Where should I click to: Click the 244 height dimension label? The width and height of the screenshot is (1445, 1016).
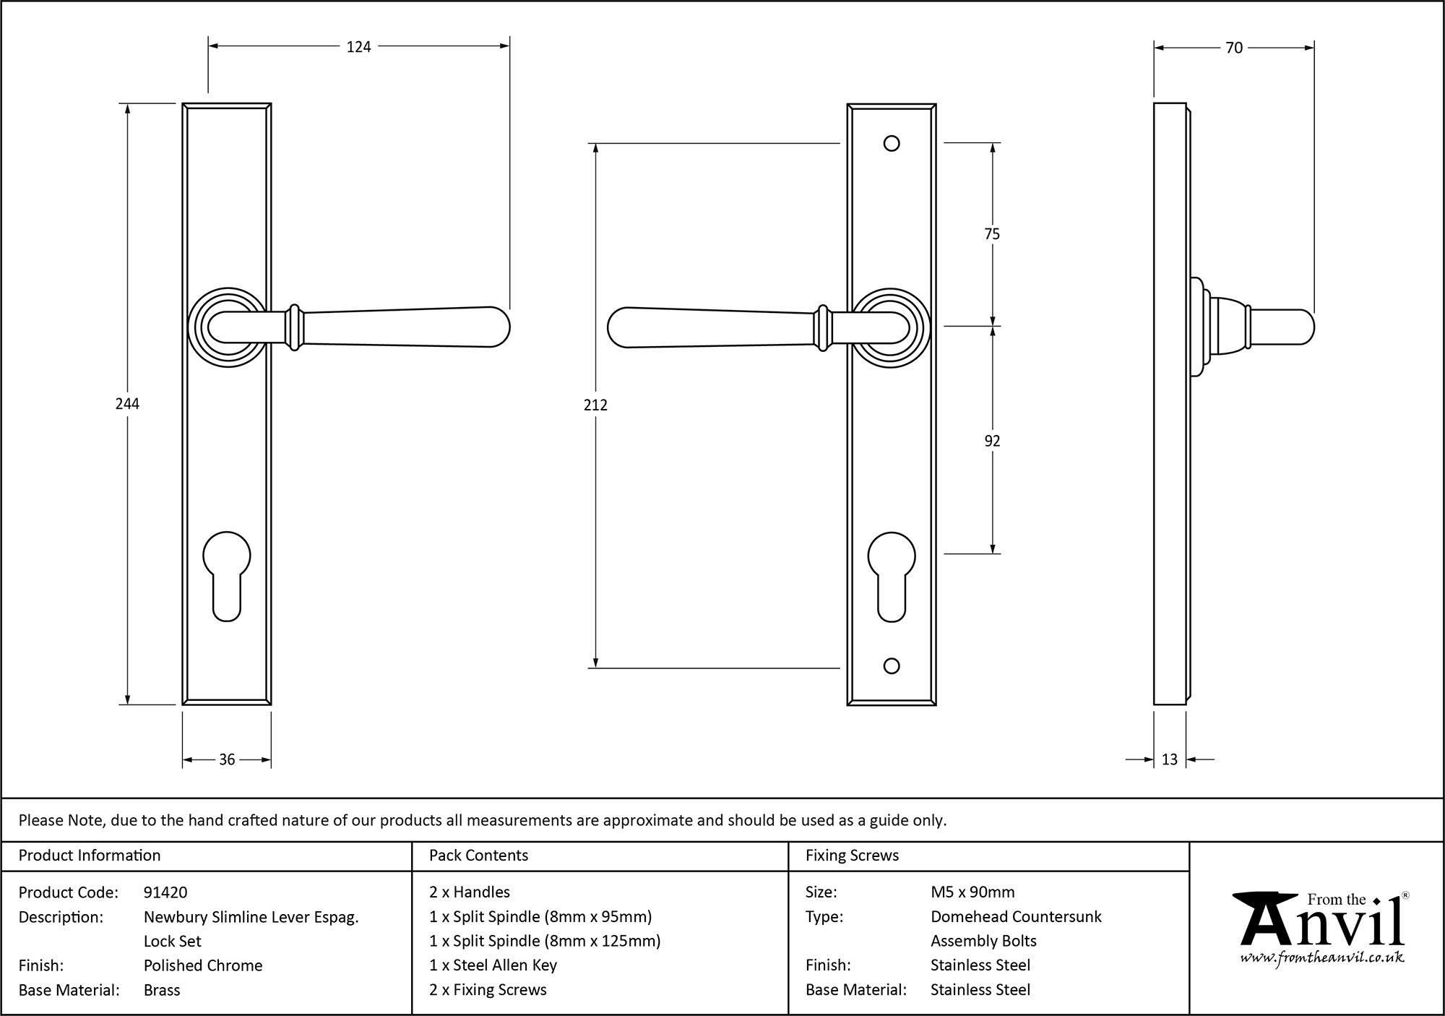127,404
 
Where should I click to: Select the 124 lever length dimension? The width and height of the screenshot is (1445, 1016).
358,47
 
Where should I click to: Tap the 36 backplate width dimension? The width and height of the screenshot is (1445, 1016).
227,759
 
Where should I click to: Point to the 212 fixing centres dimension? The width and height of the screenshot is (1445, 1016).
595,405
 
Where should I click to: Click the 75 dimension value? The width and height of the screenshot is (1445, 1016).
992,234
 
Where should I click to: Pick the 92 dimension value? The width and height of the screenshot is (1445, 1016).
992,441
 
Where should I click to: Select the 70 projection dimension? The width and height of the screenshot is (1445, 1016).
1233,48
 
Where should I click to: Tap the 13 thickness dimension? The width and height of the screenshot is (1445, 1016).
1169,759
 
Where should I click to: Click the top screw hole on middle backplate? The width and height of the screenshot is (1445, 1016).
892,143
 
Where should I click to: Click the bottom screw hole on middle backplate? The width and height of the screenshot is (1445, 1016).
892,666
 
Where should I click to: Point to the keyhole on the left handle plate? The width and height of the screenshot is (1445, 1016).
227,574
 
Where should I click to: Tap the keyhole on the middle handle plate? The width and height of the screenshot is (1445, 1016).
892,574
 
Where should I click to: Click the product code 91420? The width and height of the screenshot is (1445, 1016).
165,892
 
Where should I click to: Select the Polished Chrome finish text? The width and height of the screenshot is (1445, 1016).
203,965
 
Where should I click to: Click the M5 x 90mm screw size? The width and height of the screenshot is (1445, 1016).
972,892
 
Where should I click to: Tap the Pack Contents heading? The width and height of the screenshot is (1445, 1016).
478,856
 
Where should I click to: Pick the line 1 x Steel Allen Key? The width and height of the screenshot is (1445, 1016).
493,965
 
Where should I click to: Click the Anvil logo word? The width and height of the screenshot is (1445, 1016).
1322,926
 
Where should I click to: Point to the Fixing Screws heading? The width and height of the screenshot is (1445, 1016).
852,856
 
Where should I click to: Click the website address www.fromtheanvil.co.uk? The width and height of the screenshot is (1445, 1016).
1322,958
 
